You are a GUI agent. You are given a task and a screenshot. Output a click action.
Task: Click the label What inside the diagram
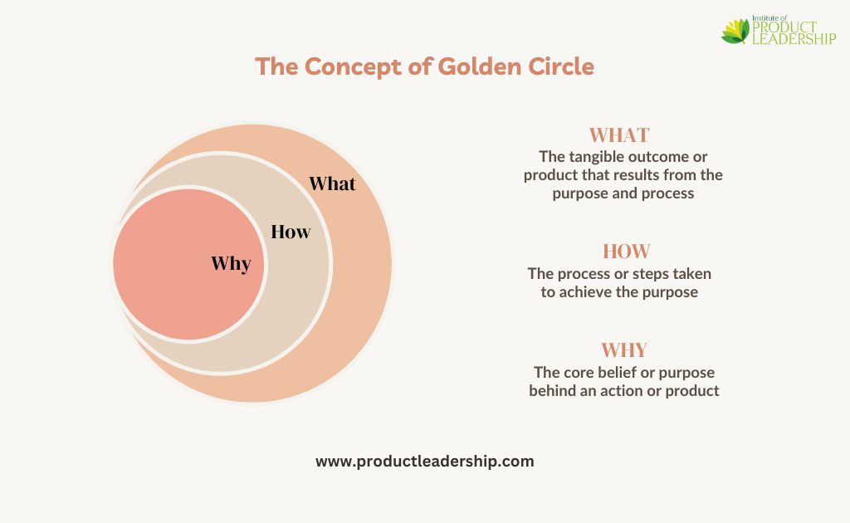[332, 183]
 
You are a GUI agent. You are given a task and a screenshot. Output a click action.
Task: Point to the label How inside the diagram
[291, 232]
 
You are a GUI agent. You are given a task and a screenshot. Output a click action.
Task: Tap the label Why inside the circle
[231, 264]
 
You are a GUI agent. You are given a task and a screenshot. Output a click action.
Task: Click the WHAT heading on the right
[619, 135]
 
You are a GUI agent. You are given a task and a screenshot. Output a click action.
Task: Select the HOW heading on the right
[626, 252]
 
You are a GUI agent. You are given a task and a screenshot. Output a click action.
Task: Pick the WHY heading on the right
[624, 350]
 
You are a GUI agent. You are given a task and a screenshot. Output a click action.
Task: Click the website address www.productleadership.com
[425, 462]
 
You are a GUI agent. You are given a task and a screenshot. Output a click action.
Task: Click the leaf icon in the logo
[735, 32]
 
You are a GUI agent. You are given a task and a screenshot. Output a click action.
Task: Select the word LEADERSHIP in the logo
[794, 38]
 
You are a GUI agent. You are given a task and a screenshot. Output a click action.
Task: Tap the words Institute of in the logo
[769, 18]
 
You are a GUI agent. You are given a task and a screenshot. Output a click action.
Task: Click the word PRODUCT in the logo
[784, 27]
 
